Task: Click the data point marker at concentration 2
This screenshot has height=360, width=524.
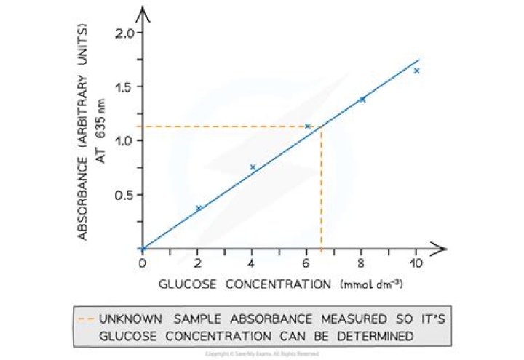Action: [x=198, y=208]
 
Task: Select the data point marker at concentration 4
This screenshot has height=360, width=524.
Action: [x=253, y=167]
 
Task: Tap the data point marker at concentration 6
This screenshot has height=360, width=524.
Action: [x=307, y=127]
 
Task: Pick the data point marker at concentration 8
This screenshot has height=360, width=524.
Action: [x=362, y=99]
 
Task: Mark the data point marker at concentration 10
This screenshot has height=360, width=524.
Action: [x=416, y=71]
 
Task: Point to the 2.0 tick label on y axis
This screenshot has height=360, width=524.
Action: [x=124, y=33]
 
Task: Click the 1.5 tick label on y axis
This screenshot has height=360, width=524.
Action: [x=124, y=87]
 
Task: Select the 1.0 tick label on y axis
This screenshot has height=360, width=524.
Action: [x=124, y=141]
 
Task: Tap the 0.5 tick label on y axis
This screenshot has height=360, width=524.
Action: [x=124, y=195]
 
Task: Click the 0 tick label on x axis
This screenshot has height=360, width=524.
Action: [x=143, y=262]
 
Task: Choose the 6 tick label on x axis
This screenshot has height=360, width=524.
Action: [x=307, y=262]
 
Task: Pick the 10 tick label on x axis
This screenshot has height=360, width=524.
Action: [x=416, y=262]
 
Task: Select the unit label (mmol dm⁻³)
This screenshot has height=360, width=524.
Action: [x=372, y=284]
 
